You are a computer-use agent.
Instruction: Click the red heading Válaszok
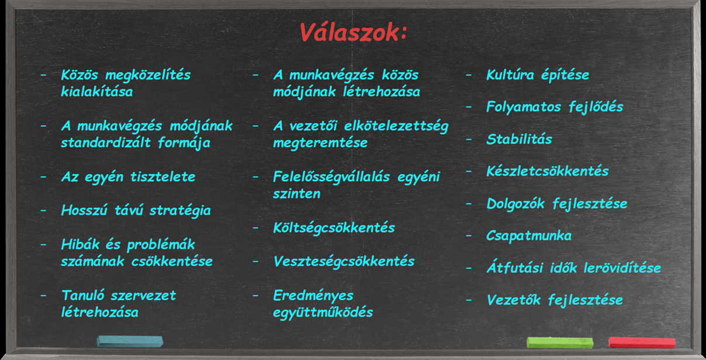pos(353,32)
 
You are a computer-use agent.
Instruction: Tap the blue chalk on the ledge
pos(130,341)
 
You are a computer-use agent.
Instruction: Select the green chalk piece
pos(560,342)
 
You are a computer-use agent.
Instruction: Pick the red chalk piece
pos(642,342)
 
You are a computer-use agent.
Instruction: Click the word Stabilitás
pos(519,139)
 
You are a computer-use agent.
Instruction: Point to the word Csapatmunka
pos(529,236)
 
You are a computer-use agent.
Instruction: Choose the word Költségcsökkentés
pos(334,228)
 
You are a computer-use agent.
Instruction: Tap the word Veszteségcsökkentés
pos(344,261)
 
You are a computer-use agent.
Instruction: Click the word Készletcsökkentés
pos(548,171)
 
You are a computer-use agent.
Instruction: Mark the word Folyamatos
pos(524,107)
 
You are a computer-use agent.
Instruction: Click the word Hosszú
pos(84,210)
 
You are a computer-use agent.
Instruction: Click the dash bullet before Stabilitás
pos(469,139)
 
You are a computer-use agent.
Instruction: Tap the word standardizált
pos(106,143)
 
